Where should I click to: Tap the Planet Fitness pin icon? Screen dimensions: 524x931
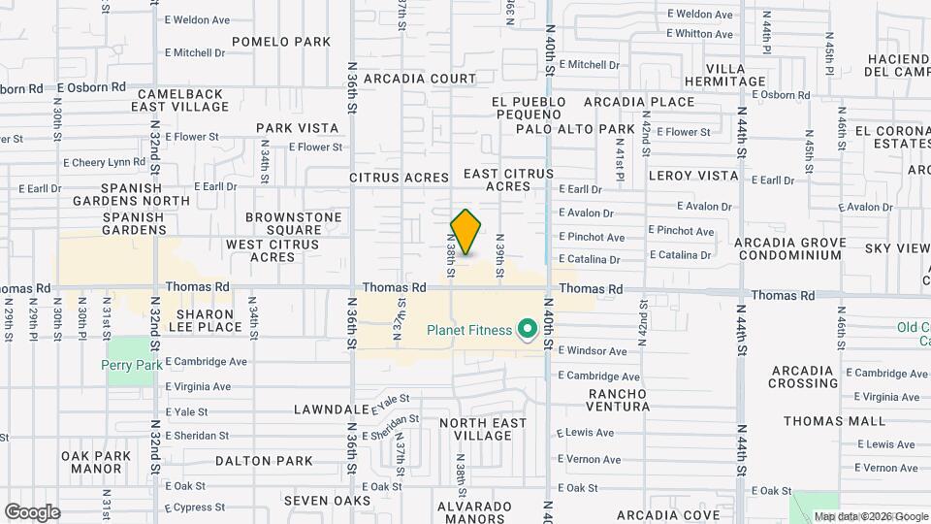coord(528,331)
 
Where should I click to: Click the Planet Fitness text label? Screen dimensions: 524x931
coord(469,331)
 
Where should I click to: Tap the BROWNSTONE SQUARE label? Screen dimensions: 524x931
coord(281,223)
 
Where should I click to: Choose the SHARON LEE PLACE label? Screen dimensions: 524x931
coord(204,321)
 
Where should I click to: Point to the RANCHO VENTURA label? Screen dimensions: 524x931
coord(618,400)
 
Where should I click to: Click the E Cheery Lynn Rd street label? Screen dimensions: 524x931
coord(103,162)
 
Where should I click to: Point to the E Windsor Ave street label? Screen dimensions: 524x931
coord(592,350)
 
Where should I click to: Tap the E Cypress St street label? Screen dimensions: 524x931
coord(195,508)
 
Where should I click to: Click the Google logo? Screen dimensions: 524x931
coord(32,512)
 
